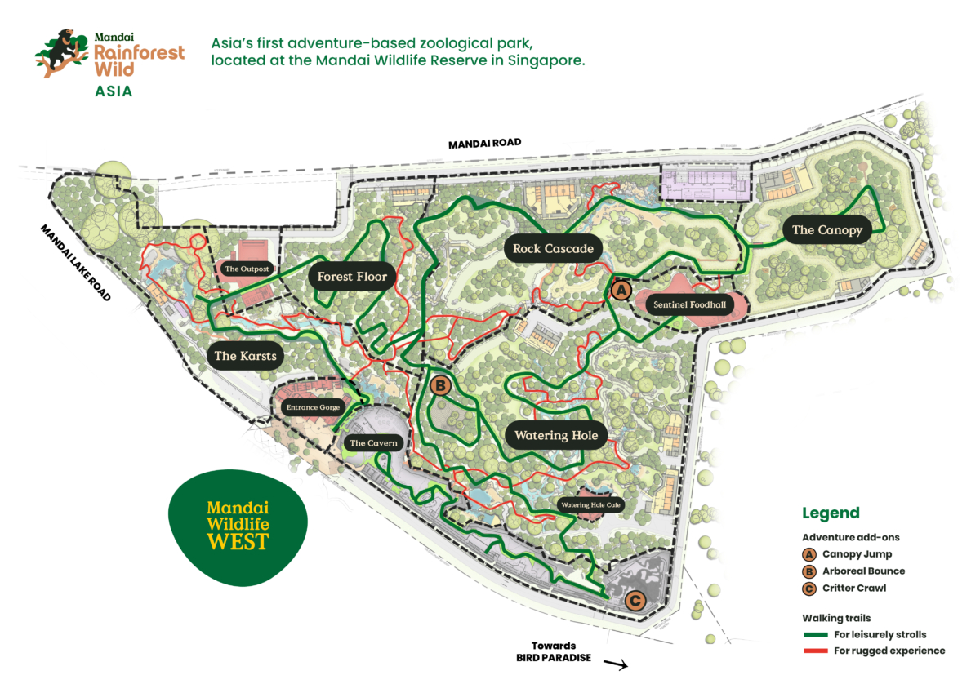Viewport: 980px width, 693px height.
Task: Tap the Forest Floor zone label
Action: point(352,277)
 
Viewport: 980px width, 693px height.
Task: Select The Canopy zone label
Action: point(826,230)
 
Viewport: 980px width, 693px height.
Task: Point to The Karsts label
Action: point(245,356)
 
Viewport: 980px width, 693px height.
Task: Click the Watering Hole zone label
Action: point(555,435)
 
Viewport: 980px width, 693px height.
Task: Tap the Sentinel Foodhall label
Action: point(689,305)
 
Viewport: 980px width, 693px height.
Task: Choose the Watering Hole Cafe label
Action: point(591,505)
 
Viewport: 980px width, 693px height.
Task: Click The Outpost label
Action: point(247,269)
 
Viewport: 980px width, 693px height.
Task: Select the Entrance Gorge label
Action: point(312,407)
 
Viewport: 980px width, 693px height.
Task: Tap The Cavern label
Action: point(373,443)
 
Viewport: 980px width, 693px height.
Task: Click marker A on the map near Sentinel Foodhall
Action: point(620,289)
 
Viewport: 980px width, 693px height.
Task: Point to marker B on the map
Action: point(439,384)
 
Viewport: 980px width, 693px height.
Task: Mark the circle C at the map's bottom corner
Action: point(635,602)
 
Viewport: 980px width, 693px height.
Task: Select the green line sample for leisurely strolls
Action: point(816,634)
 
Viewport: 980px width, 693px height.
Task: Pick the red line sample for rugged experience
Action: point(816,651)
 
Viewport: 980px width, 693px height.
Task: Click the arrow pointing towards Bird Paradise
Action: point(615,665)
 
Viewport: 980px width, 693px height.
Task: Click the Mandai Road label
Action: point(484,144)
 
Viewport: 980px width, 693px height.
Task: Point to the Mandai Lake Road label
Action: point(75,263)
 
